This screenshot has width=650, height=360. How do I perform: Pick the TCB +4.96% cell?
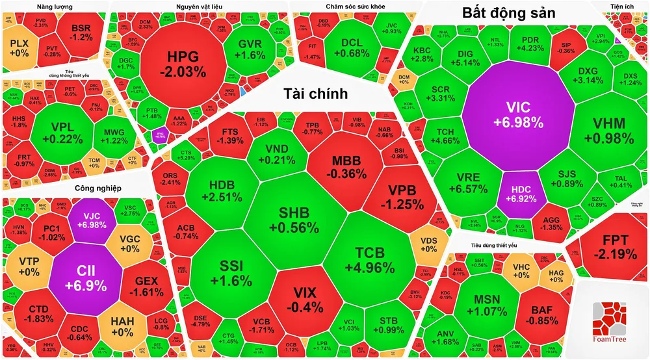[374, 259]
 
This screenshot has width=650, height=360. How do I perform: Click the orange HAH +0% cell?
[122, 326]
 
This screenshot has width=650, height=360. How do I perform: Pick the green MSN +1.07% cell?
[492, 305]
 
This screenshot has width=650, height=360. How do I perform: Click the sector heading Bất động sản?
[508, 13]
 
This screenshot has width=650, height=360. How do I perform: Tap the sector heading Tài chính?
[315, 94]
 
